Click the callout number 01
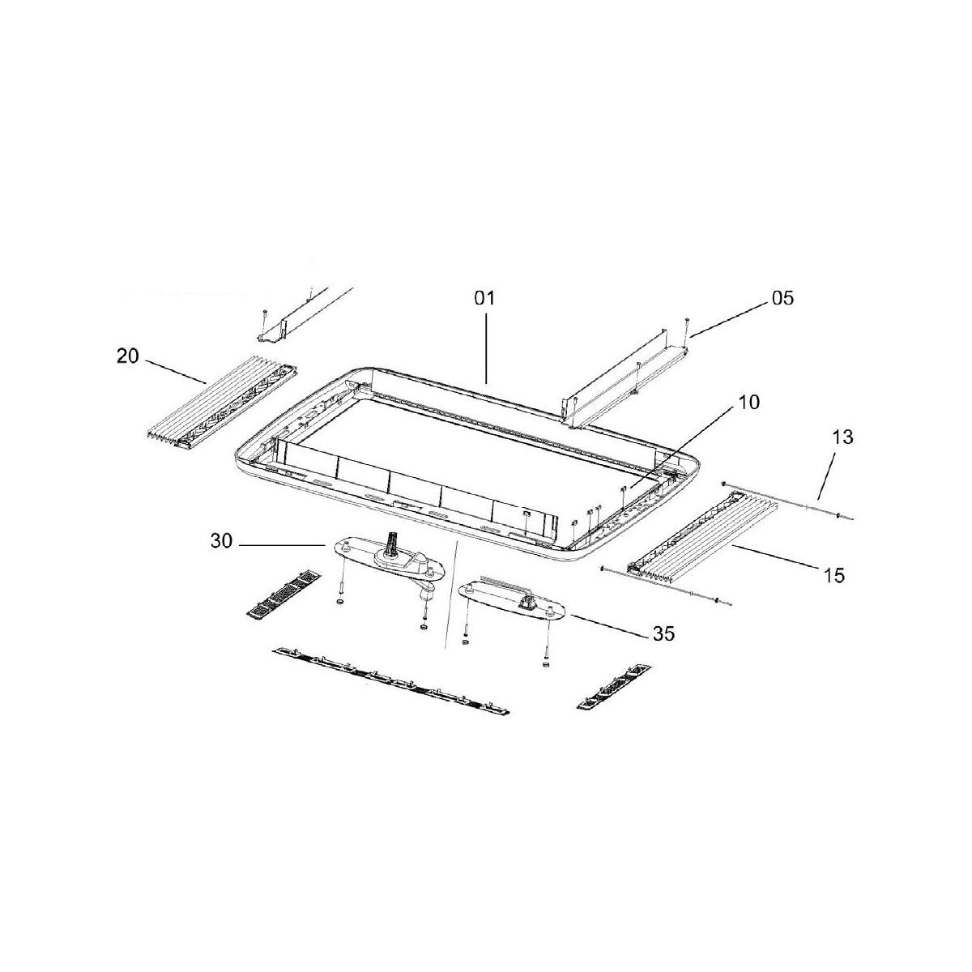(484, 298)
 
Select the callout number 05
(782, 298)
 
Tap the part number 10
(748, 403)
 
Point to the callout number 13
(843, 437)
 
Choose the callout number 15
(833, 576)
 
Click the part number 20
(128, 356)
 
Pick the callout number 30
(221, 542)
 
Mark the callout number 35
(664, 634)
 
